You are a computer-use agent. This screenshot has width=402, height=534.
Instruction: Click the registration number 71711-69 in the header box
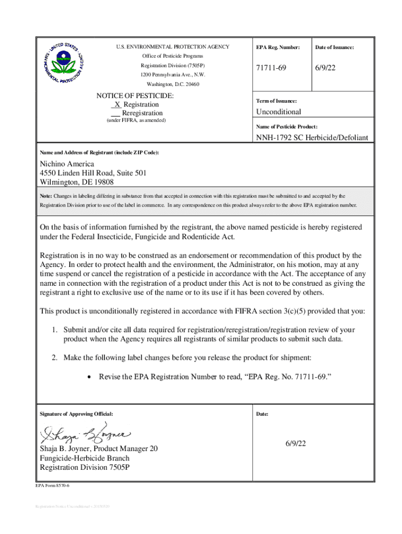(271, 69)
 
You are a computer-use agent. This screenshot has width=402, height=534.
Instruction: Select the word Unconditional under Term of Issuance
(278, 112)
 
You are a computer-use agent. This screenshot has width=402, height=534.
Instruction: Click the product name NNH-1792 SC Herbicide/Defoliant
(312, 138)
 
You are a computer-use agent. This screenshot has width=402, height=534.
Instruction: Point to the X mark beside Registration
(117, 105)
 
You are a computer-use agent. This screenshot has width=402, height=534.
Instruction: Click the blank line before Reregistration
(116, 114)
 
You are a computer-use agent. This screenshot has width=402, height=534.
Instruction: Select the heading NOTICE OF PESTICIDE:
(135, 96)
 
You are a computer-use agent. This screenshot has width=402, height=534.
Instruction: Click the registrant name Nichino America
(67, 164)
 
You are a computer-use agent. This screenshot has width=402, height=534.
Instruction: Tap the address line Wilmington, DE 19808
(77, 182)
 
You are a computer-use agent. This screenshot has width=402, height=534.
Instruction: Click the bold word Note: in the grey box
(46, 196)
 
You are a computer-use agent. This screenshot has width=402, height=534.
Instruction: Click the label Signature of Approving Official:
(76, 414)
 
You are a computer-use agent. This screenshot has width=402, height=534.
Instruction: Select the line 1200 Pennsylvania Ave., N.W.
(173, 75)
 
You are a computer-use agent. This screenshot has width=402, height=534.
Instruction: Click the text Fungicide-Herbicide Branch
(85, 458)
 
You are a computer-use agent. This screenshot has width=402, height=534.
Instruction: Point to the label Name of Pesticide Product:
(287, 127)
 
